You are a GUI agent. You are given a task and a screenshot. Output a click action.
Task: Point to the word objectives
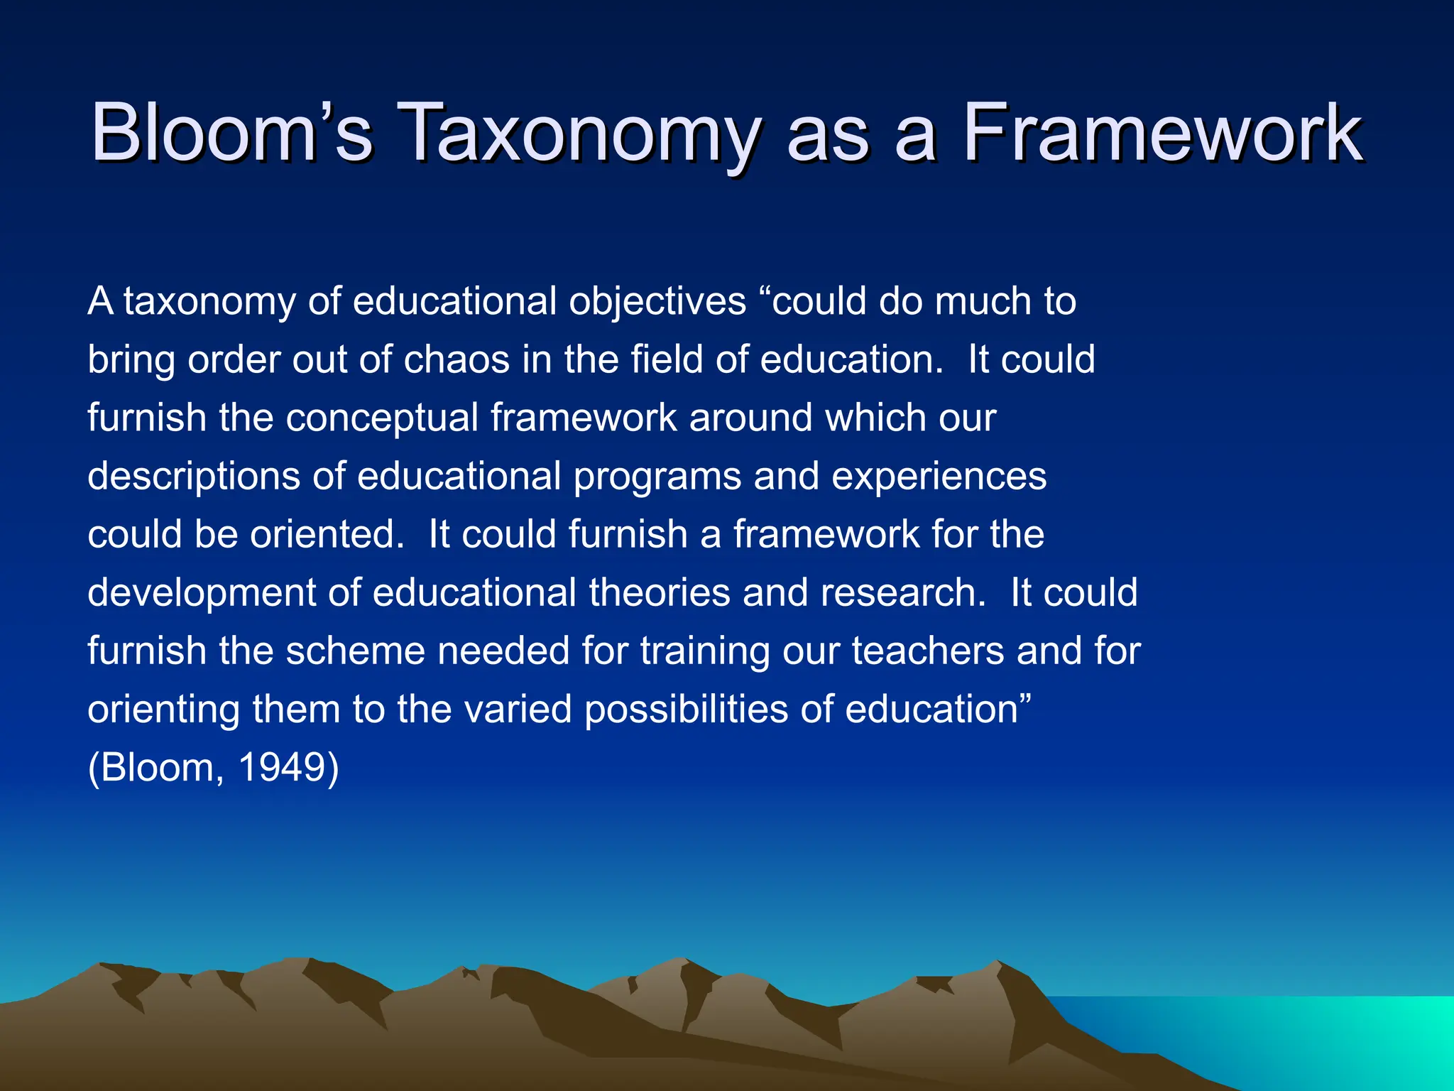pyautogui.click(x=657, y=302)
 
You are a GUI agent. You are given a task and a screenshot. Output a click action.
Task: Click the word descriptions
pyautogui.click(x=193, y=476)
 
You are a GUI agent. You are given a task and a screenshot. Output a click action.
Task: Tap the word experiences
pyautogui.click(x=939, y=476)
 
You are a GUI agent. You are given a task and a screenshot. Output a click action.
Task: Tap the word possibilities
pyautogui.click(x=686, y=709)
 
